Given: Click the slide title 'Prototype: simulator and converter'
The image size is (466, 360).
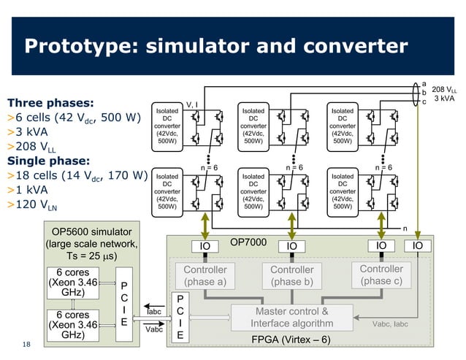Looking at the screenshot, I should [216, 46].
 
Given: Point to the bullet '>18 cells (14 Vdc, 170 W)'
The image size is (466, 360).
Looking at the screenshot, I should [77, 176].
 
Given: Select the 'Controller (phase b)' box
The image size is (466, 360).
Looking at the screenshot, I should [291, 276].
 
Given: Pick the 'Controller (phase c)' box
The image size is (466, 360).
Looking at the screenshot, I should [381, 275].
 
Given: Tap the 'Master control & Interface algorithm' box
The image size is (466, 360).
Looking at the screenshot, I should [291, 317].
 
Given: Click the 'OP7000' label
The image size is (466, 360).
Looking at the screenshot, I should [249, 241].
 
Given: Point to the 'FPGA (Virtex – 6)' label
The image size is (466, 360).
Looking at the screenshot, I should [291, 340].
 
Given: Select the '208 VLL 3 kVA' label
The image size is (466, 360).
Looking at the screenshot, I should [446, 93].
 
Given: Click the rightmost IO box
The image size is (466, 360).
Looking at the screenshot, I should [417, 247].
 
